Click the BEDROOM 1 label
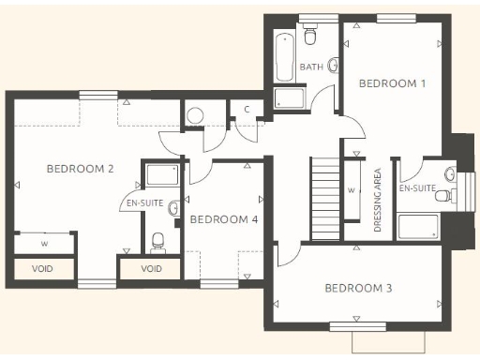(394, 83)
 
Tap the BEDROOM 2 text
(81, 169)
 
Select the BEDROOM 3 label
(358, 288)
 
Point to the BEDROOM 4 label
(223, 219)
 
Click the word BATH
(311, 67)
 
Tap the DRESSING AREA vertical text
(377, 200)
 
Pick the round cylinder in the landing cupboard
(195, 115)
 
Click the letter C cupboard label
(246, 110)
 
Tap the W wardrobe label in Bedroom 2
(43, 244)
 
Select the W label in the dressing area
(350, 190)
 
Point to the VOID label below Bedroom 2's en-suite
(151, 268)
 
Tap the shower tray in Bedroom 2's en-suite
(162, 174)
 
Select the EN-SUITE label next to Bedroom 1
(417, 188)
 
